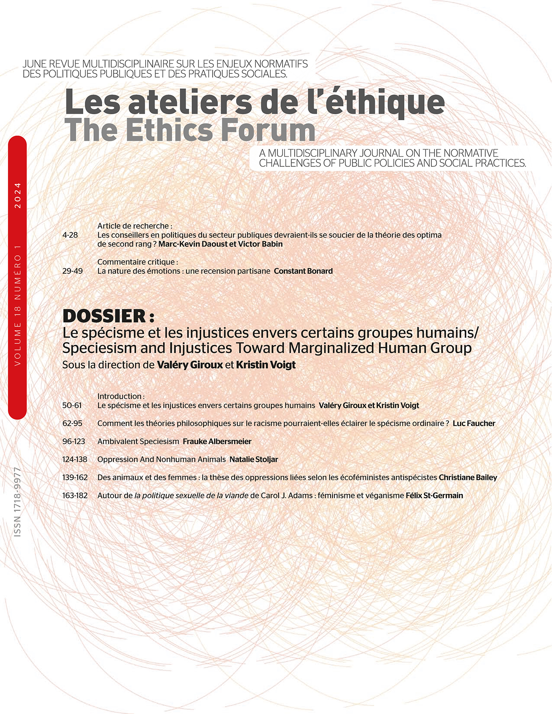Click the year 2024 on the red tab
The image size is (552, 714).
[x=17, y=196]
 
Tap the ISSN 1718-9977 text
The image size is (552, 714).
[x=17, y=502]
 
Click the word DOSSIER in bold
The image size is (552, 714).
[x=104, y=316]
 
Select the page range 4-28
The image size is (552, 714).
[x=70, y=235]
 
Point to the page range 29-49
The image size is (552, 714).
[x=73, y=271]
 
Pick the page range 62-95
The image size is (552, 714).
[x=72, y=424]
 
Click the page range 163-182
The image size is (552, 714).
[x=75, y=495]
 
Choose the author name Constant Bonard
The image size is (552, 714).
[x=303, y=271]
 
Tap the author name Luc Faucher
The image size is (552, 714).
[x=474, y=424]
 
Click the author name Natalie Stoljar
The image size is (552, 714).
[x=254, y=460]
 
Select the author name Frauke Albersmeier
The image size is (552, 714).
[x=217, y=441]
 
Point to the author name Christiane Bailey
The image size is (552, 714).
[x=467, y=478]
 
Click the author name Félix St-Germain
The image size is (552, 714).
[x=434, y=495]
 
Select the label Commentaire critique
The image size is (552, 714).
[x=137, y=262]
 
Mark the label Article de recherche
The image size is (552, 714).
[x=135, y=226]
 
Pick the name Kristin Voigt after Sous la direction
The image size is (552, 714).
[x=265, y=365]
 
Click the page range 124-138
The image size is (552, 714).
[x=75, y=460]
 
